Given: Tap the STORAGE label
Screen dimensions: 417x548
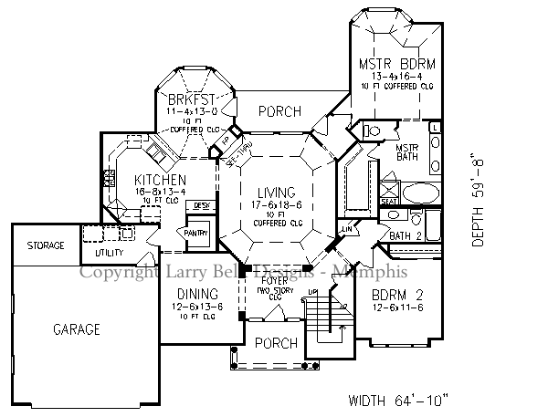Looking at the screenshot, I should [x=45, y=246].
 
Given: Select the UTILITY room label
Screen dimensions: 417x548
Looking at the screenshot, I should [x=109, y=252].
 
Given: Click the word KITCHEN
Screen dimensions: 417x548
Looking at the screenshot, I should [x=161, y=180].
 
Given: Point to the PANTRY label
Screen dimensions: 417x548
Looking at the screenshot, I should [x=196, y=234].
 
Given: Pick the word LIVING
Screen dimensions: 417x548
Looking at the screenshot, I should [x=276, y=193].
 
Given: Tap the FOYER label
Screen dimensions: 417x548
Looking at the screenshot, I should [x=274, y=282].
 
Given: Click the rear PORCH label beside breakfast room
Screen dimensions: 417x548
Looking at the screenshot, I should [x=279, y=111].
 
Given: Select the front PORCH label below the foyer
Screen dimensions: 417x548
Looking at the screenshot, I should [x=275, y=344].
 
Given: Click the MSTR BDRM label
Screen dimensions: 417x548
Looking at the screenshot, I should [x=395, y=63].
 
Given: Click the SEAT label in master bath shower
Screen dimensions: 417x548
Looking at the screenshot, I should [x=387, y=200].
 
